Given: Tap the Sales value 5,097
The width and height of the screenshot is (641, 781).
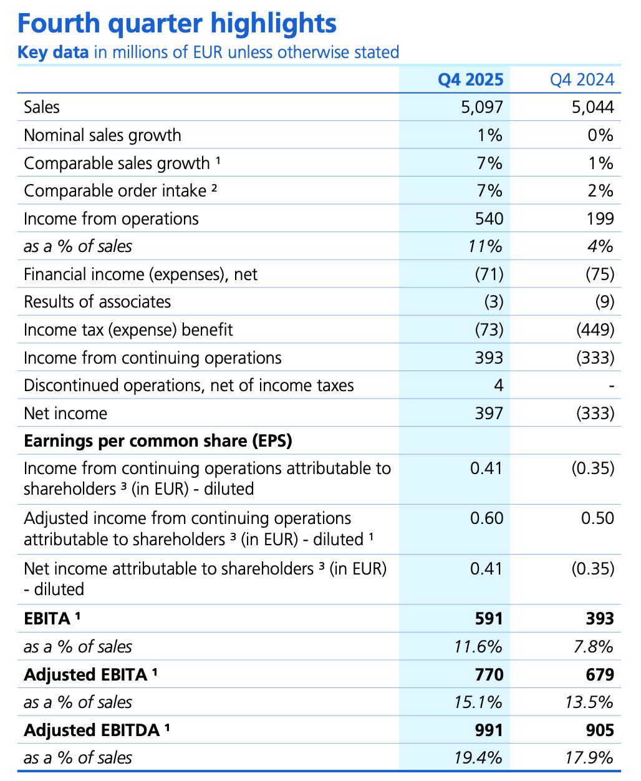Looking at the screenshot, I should (481, 107).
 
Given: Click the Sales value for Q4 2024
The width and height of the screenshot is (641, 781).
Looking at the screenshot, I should (592, 107).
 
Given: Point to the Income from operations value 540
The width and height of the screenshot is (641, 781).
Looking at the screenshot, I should (489, 218).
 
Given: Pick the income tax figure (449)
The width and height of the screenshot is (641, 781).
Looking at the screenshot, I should (595, 329).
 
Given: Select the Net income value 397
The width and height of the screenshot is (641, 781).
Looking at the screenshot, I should (489, 413).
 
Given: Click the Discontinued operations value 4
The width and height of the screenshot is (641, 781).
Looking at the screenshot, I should (498, 385).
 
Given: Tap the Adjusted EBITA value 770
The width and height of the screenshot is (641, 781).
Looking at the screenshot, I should (489, 674).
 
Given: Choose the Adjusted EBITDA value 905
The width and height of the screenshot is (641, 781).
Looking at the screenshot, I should (600, 730).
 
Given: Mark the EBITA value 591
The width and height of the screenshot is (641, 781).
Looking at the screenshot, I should (489, 618).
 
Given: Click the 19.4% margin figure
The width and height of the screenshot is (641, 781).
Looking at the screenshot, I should (478, 758).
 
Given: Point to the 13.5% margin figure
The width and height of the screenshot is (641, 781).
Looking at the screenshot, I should (589, 702).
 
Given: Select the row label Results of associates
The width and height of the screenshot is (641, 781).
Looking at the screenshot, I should (97, 302).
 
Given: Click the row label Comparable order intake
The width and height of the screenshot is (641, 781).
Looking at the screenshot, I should (115, 191).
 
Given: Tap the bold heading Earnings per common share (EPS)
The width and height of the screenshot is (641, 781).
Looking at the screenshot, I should (158, 441).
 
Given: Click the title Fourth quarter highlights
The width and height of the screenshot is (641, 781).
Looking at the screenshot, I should (177, 24).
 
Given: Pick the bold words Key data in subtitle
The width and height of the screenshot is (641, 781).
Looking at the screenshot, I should (53, 52).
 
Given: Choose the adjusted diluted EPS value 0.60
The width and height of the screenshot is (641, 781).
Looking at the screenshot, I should (486, 518).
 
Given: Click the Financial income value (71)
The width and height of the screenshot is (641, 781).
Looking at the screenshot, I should (489, 274).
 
